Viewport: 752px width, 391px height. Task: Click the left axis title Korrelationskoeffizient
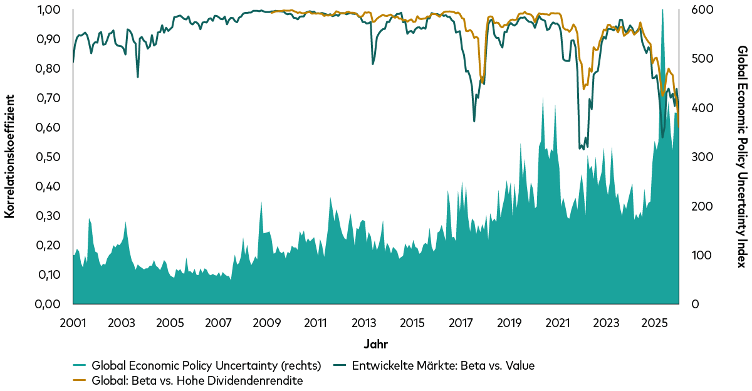click(x=9, y=156)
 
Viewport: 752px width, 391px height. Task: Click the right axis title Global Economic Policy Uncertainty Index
click(x=742, y=156)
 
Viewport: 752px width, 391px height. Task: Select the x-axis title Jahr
click(x=375, y=344)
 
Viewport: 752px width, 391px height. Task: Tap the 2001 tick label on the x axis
click(x=73, y=323)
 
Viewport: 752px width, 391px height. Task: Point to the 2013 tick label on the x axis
click(x=363, y=323)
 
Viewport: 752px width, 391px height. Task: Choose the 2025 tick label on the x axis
click(x=654, y=323)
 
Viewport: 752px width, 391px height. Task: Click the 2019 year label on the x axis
click(x=509, y=323)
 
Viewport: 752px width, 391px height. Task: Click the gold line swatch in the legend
click(x=80, y=380)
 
